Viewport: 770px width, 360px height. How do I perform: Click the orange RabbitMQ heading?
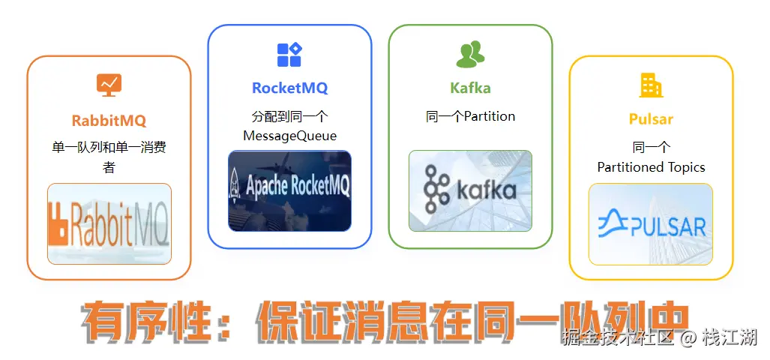[x=109, y=120]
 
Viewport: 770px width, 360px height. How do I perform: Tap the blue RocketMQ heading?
[x=289, y=88]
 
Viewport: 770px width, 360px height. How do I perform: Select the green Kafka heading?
[x=470, y=88]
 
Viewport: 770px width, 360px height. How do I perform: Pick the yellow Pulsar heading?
[x=651, y=119]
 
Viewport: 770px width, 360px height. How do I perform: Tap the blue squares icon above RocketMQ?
[x=289, y=54]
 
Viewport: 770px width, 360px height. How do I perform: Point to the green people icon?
[x=470, y=54]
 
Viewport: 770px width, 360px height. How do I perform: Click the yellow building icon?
[x=651, y=85]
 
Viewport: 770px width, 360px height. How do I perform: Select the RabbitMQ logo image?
[x=109, y=223]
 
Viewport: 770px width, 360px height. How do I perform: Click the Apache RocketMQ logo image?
[x=289, y=190]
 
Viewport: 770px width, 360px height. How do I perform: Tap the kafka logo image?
[x=470, y=190]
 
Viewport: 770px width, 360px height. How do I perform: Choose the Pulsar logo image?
[x=651, y=223]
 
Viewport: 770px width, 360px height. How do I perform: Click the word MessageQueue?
[x=289, y=136]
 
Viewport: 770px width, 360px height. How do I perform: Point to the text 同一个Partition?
[x=470, y=116]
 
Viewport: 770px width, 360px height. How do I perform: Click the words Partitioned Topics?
[x=651, y=167]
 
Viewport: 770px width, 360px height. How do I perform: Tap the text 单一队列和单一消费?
[x=109, y=148]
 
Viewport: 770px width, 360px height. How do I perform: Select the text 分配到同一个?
[x=289, y=116]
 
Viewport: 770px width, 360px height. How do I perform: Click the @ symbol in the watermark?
[x=688, y=338]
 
